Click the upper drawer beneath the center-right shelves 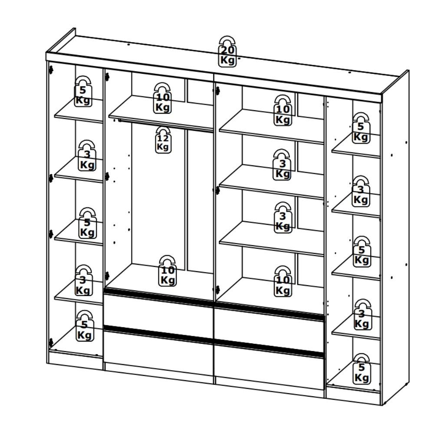269,328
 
